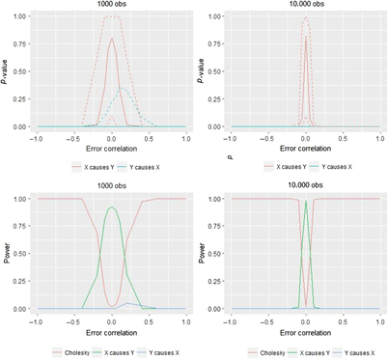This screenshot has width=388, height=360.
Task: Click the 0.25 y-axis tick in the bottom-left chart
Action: point(18,282)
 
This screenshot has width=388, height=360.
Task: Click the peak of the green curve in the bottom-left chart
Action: point(112,208)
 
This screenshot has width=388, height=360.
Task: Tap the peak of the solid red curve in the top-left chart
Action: point(112,39)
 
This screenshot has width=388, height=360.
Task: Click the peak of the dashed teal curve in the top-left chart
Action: point(123,89)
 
